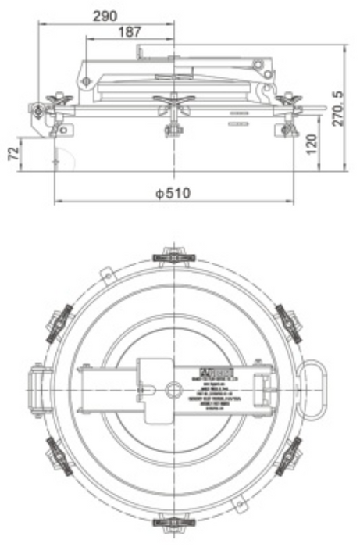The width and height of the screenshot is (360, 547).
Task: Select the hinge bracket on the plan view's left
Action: pyautogui.click(x=38, y=388)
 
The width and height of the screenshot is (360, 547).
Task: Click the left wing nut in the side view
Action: pyautogui.click(x=59, y=99)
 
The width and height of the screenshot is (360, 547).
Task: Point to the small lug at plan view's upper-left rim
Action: pyautogui.click(x=108, y=274)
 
